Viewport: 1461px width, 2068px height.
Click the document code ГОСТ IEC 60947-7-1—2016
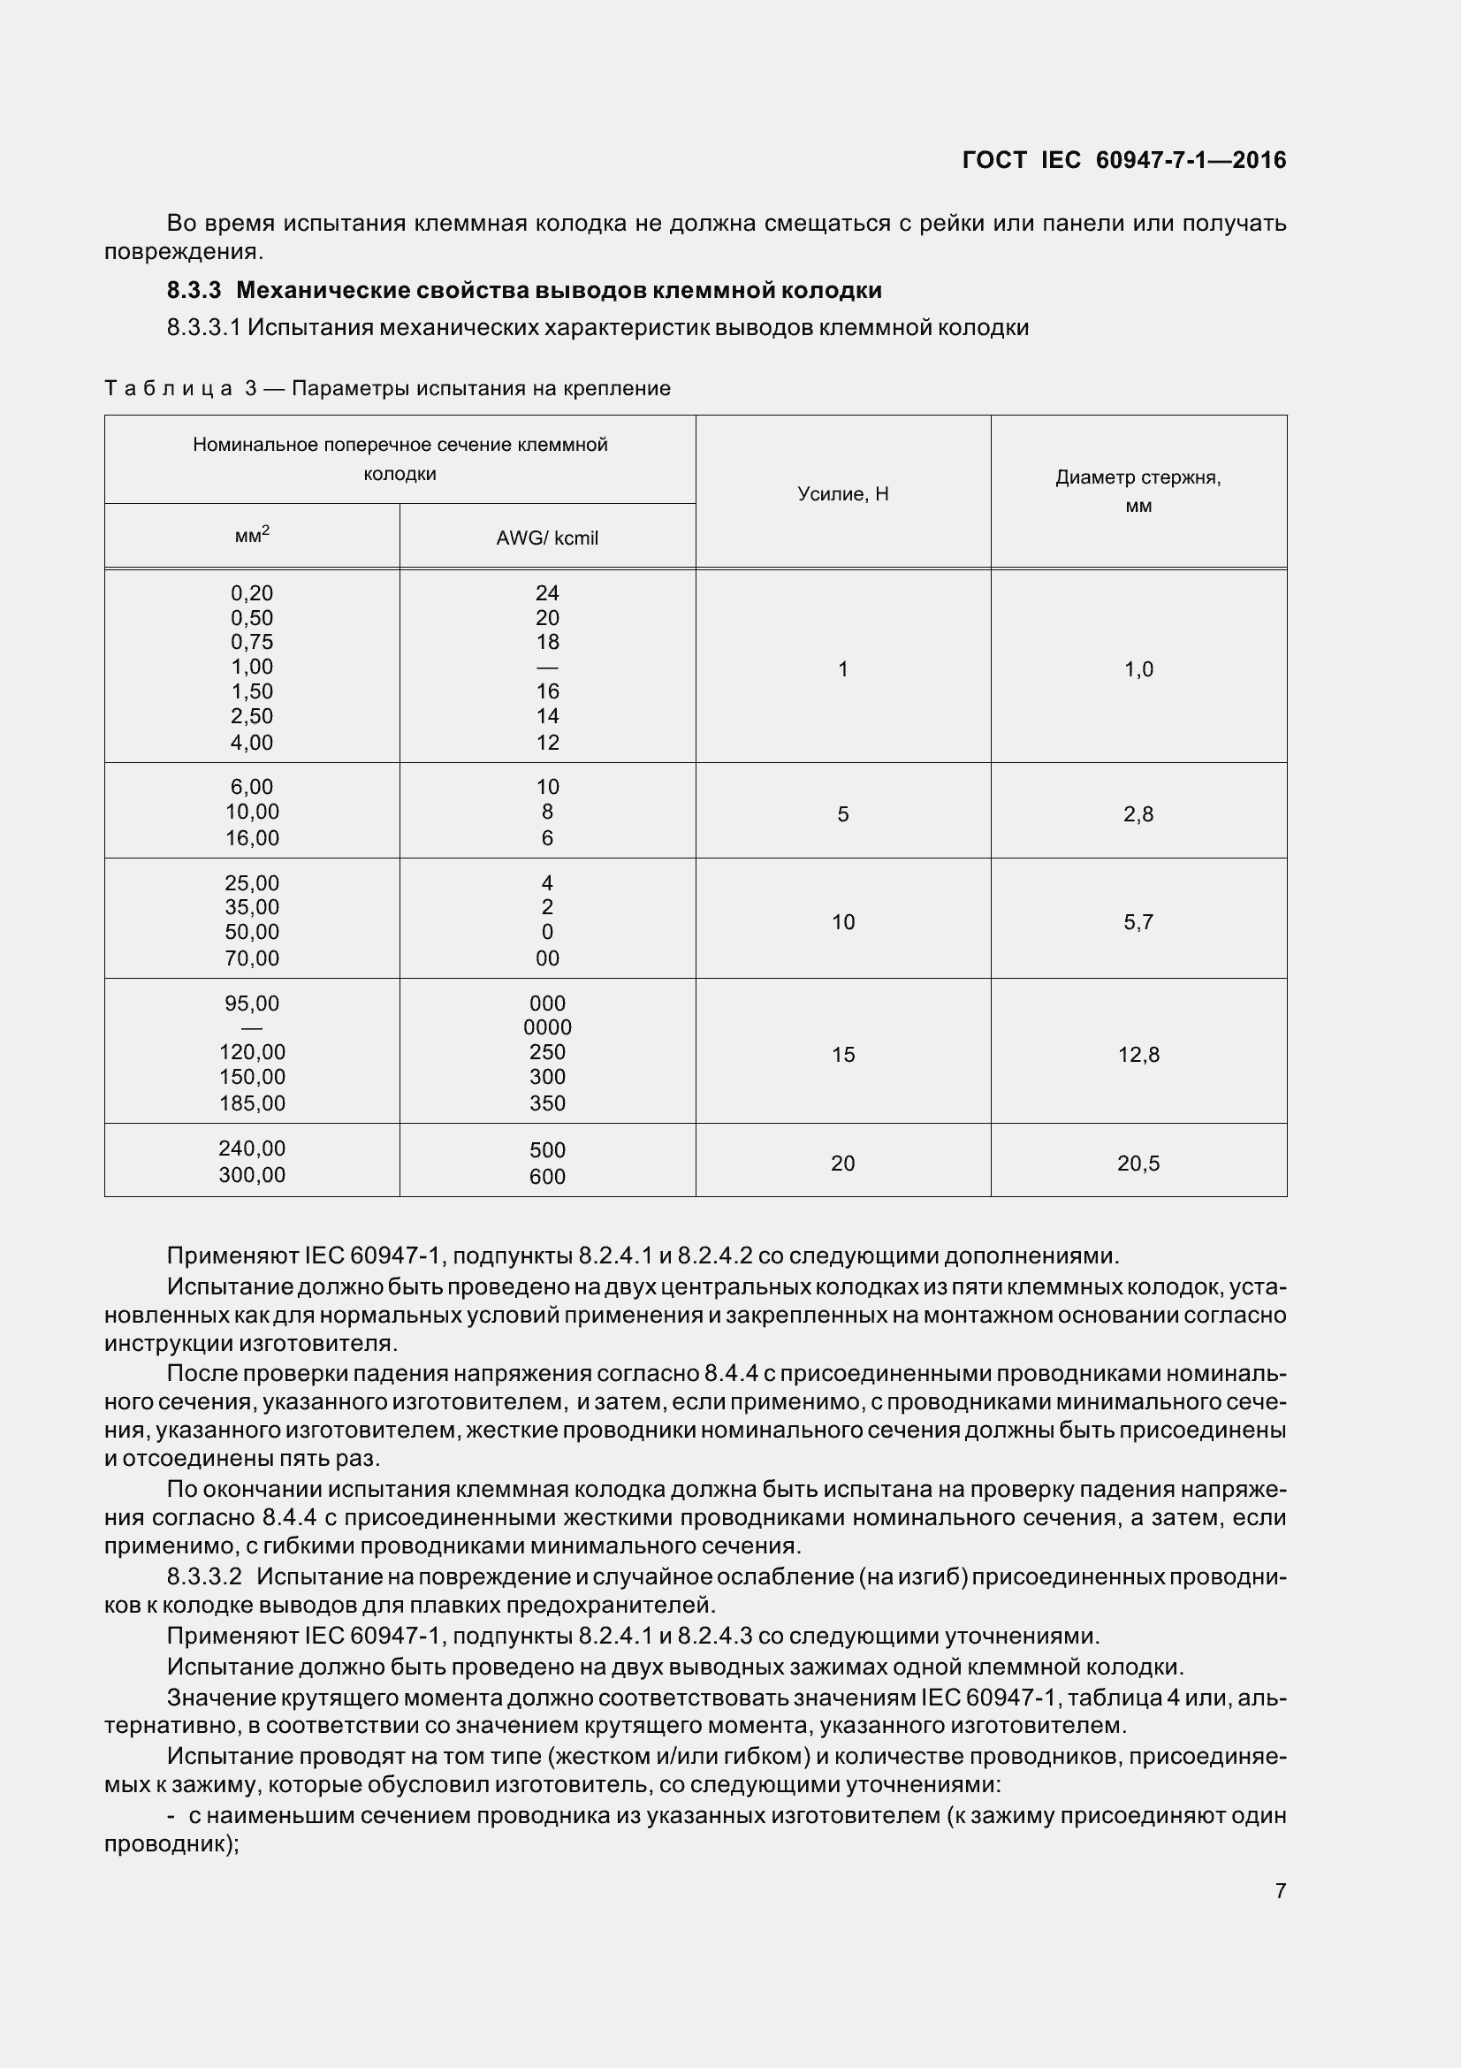(x=1123, y=160)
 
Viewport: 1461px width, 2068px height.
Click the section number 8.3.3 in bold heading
(x=194, y=291)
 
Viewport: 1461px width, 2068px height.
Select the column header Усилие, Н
(x=842, y=493)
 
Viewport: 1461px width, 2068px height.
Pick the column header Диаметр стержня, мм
(x=1138, y=491)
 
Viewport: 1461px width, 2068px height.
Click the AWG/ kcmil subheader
(x=546, y=538)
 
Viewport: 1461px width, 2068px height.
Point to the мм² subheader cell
(x=252, y=535)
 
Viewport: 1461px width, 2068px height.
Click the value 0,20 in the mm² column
(x=252, y=592)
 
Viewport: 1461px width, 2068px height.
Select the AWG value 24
(x=546, y=592)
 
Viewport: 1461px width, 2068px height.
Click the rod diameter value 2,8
(x=1138, y=814)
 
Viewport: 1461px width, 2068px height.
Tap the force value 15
(x=842, y=1054)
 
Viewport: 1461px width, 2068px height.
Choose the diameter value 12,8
(x=1138, y=1054)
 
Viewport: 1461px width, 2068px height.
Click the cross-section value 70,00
(x=252, y=958)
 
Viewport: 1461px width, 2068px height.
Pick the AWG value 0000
(x=547, y=1027)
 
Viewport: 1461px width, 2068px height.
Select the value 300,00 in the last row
(x=252, y=1175)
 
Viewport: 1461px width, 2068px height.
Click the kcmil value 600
(x=547, y=1177)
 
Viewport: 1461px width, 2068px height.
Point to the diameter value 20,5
(x=1138, y=1164)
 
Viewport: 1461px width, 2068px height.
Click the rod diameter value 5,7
(x=1138, y=922)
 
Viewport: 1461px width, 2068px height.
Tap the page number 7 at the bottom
(x=1280, y=1890)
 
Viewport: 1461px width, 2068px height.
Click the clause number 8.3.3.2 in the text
(x=204, y=1577)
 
